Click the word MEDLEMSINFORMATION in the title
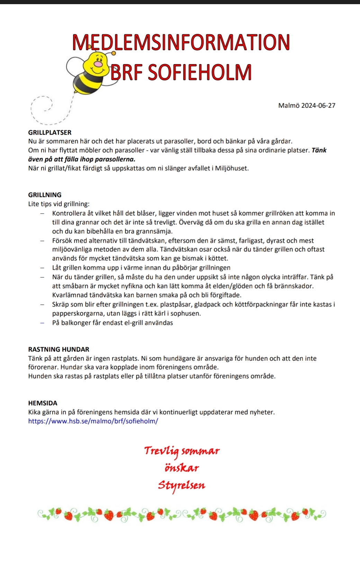click(181, 42)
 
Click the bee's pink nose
click(99, 64)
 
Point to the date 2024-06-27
click(318, 106)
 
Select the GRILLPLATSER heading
click(50, 133)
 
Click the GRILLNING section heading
click(45, 195)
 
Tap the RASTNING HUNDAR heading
click(59, 349)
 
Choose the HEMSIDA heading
click(43, 403)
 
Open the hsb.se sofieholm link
click(93, 421)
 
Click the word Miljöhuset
click(231, 168)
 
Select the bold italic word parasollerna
click(115, 159)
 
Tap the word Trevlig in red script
click(161, 451)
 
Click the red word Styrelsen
click(181, 485)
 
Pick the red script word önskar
click(182, 468)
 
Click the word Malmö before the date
click(289, 106)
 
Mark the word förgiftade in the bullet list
click(224, 295)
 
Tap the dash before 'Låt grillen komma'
click(42, 268)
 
